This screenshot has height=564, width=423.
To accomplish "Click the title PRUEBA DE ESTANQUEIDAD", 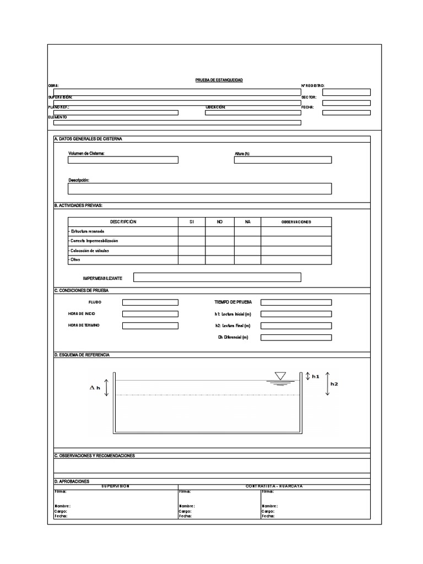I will click(219, 80).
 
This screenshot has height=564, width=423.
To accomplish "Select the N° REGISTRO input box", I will click(346, 92).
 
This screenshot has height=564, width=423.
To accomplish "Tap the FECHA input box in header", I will click(346, 112).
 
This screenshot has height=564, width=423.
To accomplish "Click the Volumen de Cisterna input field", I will click(123, 160).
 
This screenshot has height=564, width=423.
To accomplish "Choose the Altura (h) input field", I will click(283, 160).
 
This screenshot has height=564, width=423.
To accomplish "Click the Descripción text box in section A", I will click(199, 189).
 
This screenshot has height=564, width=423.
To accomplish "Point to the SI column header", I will click(192, 222).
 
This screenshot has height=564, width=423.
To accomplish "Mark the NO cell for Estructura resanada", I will click(219, 231).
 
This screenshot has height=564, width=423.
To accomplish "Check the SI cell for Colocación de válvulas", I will click(192, 251).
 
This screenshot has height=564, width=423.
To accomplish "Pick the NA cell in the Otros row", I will click(247, 260).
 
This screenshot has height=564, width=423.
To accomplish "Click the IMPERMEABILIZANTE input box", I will click(217, 277).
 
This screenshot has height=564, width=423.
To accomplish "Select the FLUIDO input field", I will click(150, 302).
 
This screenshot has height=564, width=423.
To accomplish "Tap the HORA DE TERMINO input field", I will click(150, 326).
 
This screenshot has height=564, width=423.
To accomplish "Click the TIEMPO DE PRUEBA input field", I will click(296, 302).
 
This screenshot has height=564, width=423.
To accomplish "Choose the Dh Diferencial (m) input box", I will click(296, 338).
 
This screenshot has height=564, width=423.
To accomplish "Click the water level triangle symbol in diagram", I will click(280, 376).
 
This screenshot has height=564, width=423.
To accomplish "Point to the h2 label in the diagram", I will click(334, 384).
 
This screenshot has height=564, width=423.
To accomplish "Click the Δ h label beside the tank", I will click(95, 388).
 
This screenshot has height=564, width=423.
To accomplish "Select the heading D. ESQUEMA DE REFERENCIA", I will click(82, 355).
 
